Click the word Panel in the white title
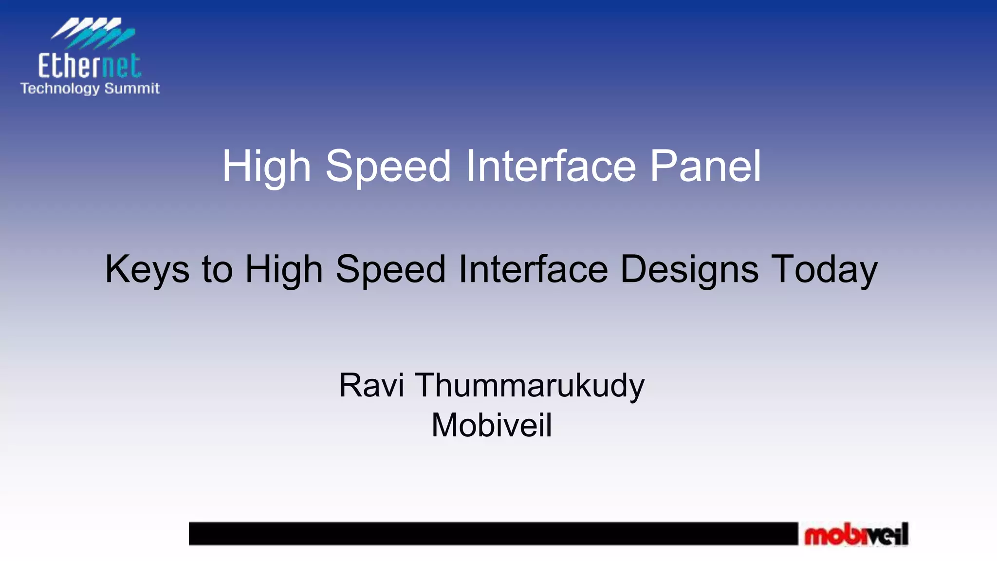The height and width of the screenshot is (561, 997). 705,167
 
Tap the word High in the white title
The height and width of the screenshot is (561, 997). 266,167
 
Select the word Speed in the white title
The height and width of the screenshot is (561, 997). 388,167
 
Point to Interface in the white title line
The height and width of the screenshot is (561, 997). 551,167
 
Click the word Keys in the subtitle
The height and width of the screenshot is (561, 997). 147,269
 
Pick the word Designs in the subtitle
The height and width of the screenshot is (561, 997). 689,269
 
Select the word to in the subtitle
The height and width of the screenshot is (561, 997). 217,269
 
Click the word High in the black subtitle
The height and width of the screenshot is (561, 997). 284,269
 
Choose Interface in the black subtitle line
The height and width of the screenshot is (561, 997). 533,269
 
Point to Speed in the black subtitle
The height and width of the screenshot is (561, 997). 390,269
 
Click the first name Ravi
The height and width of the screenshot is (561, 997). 371,385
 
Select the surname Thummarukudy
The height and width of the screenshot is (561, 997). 529,385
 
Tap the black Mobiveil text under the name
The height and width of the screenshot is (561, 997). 492,425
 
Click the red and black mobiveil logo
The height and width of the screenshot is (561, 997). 856,535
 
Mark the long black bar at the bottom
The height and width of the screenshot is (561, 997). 493,534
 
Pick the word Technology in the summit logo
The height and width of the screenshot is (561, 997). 60,89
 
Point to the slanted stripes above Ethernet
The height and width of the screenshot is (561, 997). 92,33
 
